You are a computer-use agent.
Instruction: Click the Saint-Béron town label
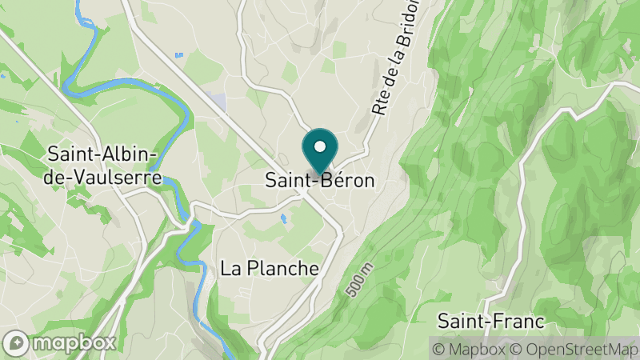click(319, 181)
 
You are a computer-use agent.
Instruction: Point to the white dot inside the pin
click(320, 147)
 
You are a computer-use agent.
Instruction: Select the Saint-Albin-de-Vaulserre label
click(104, 164)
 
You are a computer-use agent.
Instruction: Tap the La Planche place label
click(270, 268)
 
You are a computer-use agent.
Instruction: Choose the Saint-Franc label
click(490, 322)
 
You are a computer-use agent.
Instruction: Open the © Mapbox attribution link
click(468, 349)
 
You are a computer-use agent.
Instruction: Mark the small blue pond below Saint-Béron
click(282, 217)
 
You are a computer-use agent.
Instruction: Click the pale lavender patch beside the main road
click(216, 101)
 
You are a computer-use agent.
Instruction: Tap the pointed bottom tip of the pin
click(320, 174)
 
